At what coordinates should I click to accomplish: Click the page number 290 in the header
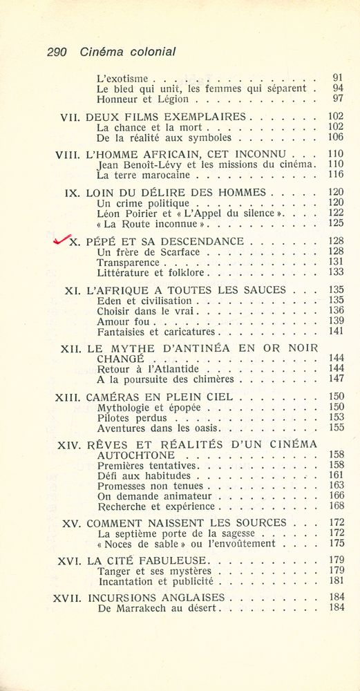click(59, 52)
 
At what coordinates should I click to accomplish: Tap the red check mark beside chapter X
click(62, 240)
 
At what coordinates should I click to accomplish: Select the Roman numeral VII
click(72, 117)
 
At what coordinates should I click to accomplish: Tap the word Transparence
click(127, 263)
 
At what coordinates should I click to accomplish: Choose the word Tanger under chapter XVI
click(114, 571)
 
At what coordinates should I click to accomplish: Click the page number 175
click(337, 544)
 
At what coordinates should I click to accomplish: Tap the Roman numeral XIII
click(68, 397)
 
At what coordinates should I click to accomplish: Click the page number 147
click(337, 379)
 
